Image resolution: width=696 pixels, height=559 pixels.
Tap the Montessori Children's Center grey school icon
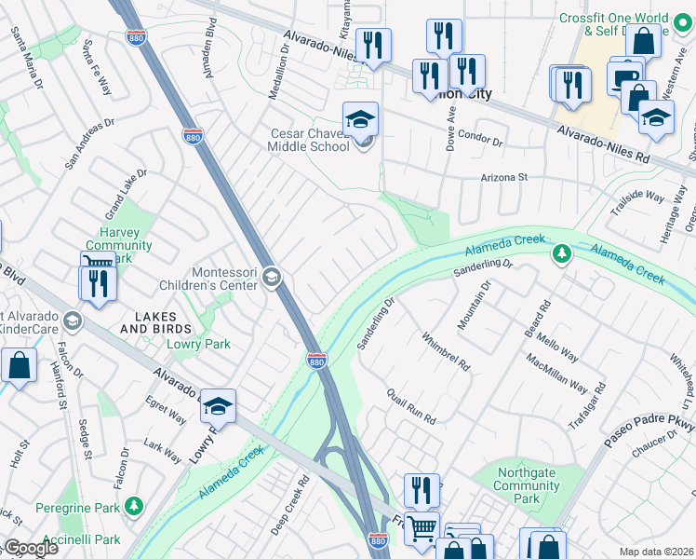click(272, 277)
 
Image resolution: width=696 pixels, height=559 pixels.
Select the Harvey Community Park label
click(125, 245)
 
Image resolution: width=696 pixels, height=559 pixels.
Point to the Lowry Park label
click(197, 345)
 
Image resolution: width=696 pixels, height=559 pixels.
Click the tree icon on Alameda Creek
click(561, 253)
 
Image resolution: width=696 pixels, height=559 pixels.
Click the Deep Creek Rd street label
click(290, 508)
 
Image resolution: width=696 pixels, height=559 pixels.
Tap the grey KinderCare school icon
click(73, 322)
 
